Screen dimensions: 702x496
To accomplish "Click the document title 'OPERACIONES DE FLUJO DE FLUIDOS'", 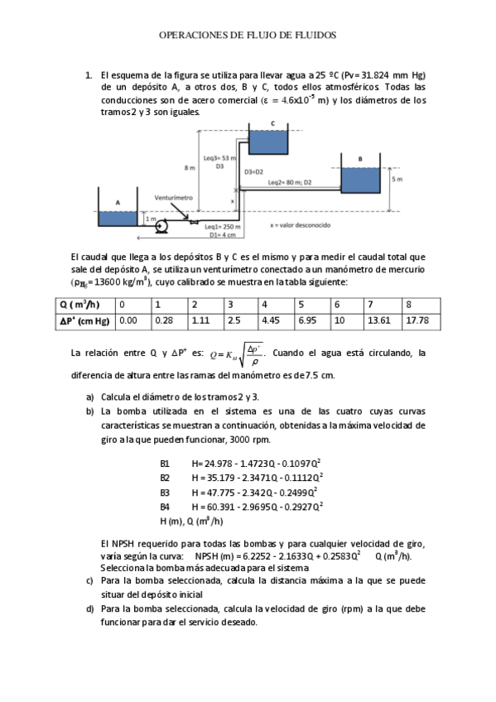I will coord(248,36).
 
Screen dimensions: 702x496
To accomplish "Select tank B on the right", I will coord(359,180).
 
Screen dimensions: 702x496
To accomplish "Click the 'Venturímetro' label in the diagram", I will coord(173,199).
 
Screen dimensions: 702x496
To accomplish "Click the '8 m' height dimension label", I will coord(190,168).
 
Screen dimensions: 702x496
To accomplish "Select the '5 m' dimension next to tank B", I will coord(397,178).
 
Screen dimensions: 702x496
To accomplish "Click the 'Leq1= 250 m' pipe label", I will coord(221,226).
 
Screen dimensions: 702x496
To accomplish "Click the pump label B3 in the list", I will coord(165,492).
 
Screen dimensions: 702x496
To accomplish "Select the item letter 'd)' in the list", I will coord(89,608).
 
